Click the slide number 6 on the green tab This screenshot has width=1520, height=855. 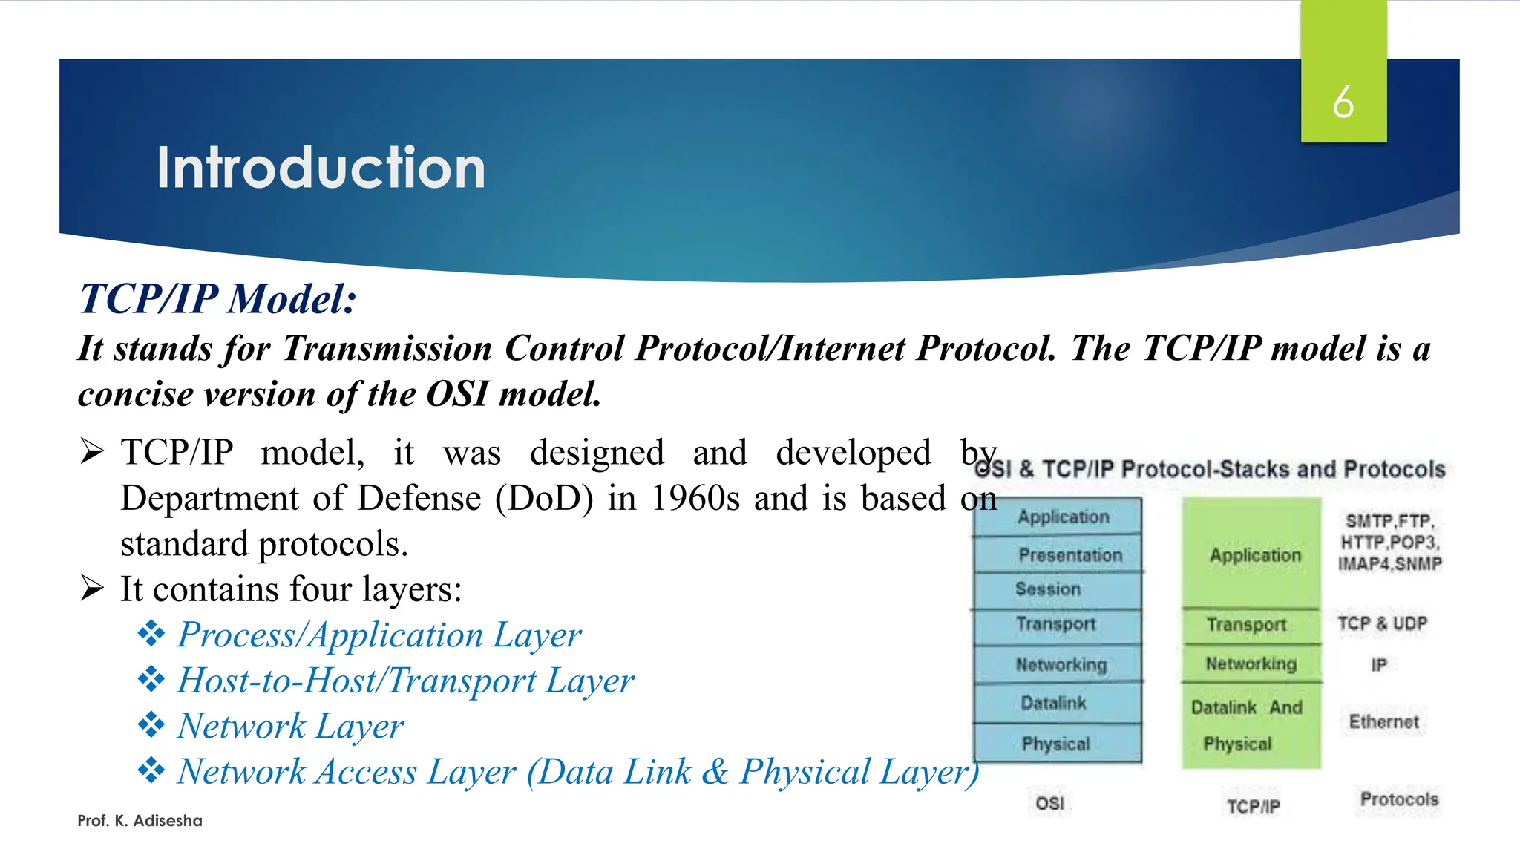coord(1343,102)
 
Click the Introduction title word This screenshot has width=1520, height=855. coord(321,168)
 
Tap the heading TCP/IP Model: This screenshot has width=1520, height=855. coord(217,299)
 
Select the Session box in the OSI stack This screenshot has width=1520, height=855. coord(1057,589)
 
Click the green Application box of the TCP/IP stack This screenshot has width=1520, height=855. coord(1253,554)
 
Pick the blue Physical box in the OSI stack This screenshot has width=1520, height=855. coord(1057,743)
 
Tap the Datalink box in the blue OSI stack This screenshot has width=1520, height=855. coord(1057,702)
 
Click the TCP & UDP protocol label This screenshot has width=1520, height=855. coord(1382,623)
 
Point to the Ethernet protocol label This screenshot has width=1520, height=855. coord(1383,721)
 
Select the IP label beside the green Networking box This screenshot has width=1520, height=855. coord(1379,664)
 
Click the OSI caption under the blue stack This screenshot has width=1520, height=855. coord(1049,803)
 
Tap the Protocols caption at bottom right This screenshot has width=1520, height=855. coord(1398,799)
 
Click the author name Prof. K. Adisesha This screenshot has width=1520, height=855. coord(140,820)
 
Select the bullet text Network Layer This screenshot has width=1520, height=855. coord(291,726)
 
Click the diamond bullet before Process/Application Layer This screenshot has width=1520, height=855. coord(151,635)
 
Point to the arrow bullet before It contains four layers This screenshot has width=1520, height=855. coord(92,589)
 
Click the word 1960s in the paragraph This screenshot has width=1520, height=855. coord(695,498)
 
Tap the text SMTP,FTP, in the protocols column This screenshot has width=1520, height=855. coord(1389,521)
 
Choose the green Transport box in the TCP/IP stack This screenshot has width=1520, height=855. coord(1251,624)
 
